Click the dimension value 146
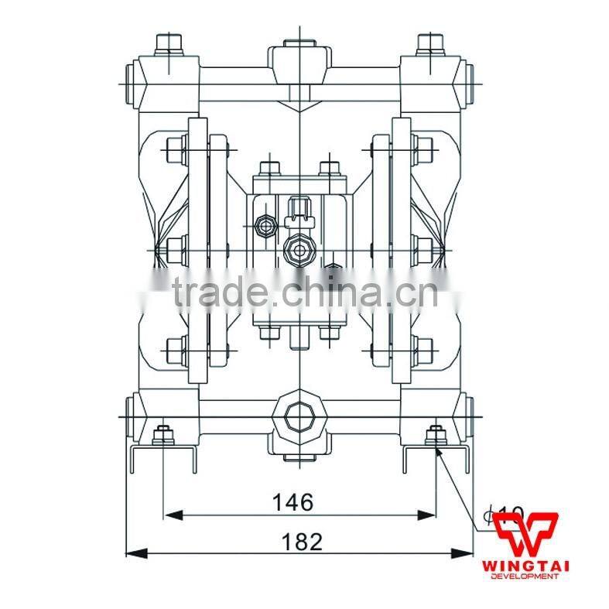(293, 502)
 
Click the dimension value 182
(302, 541)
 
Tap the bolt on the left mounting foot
(163, 436)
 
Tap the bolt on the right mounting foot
(434, 436)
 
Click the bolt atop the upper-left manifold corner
(167, 43)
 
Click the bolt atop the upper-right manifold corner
(428, 43)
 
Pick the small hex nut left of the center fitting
(264, 226)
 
